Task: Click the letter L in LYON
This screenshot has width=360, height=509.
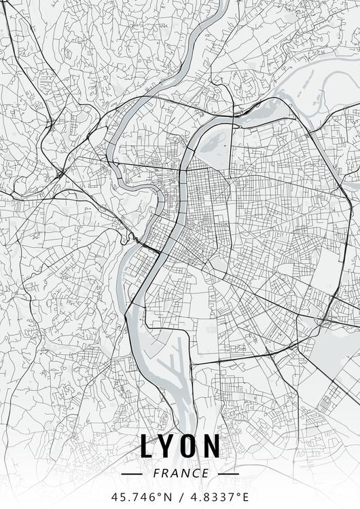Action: point(147,446)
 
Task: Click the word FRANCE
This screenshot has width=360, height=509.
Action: point(180,473)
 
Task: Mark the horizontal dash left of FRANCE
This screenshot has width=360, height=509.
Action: point(131,473)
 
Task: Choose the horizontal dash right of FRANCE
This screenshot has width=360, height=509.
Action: point(229,473)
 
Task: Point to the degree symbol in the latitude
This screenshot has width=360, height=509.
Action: point(158,494)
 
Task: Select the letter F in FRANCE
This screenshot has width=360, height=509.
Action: point(157,473)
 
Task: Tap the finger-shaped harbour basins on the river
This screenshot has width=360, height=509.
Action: point(175,366)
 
